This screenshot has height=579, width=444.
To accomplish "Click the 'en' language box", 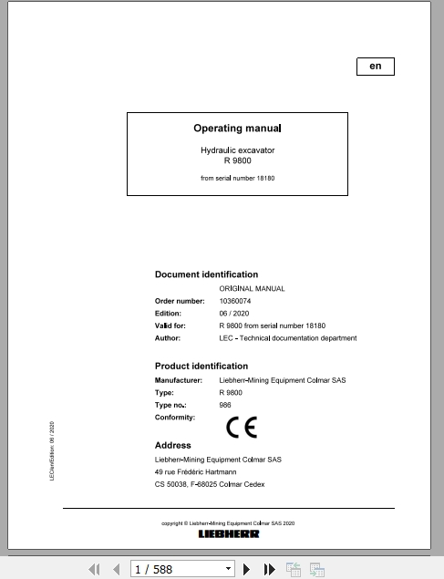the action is click(375, 66).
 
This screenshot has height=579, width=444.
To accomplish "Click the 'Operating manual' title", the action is click(237, 129).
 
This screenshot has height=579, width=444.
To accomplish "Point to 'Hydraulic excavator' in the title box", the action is click(237, 149).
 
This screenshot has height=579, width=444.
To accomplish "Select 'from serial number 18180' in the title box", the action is click(237, 178).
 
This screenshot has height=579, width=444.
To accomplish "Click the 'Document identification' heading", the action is click(206, 274).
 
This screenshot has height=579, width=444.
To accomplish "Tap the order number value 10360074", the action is click(235, 301).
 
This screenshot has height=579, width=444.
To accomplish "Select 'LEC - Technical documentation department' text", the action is click(288, 338).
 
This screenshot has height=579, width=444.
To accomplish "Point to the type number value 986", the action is click(225, 404).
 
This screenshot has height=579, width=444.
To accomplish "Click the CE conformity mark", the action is click(242, 427).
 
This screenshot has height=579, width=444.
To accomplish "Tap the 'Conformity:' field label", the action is click(175, 417).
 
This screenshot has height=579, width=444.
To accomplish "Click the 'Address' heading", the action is click(173, 446).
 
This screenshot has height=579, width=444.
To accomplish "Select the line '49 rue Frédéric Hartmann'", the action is click(195, 473).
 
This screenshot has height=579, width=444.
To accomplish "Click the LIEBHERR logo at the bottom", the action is click(228, 534).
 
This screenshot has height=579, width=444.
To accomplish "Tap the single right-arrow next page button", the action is click(247, 570).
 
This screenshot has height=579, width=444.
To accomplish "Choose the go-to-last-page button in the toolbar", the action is click(270, 570).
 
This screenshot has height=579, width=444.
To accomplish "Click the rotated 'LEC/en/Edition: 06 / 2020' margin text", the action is click(52, 451).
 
